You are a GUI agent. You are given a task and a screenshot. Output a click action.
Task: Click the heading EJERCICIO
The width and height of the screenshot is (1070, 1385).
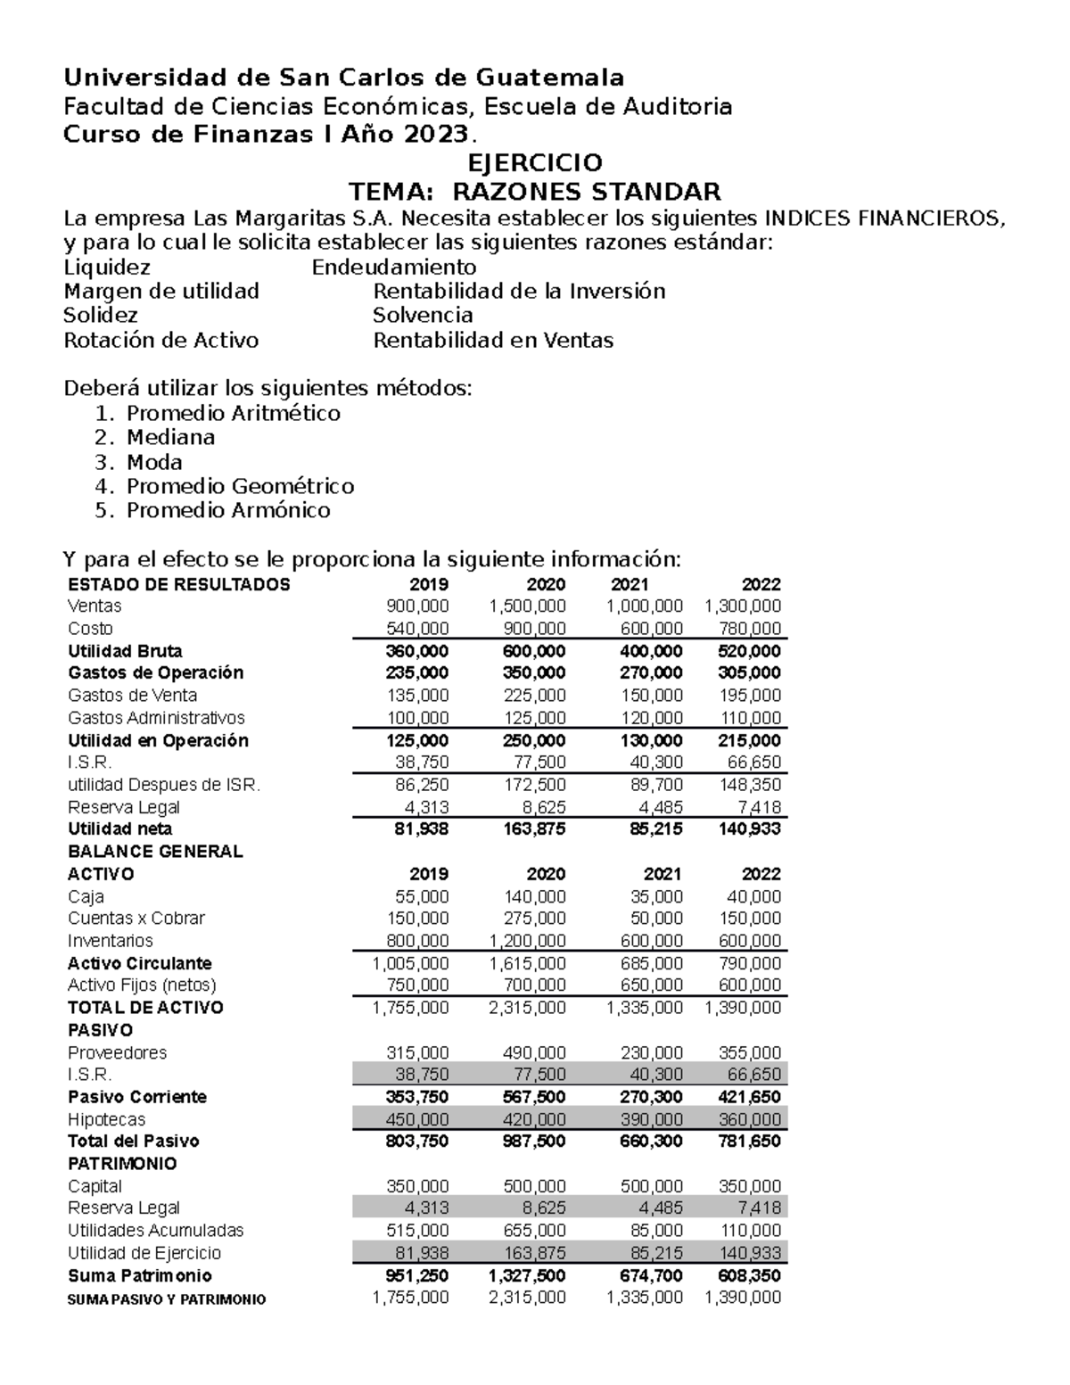tap(535, 163)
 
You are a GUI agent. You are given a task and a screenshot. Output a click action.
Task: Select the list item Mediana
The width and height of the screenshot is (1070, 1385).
tap(170, 437)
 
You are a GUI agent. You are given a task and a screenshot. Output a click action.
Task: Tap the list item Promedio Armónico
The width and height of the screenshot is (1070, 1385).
tap(227, 510)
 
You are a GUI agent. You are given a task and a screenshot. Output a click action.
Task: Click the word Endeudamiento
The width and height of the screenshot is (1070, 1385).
tap(393, 268)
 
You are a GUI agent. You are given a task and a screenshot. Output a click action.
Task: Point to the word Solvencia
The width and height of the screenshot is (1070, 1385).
tap(423, 316)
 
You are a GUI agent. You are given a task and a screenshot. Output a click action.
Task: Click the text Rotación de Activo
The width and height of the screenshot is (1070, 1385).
tap(160, 340)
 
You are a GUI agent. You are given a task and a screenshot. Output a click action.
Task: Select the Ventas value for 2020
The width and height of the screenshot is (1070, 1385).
tap(527, 606)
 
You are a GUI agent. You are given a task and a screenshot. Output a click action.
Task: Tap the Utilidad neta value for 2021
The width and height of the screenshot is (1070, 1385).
tap(652, 829)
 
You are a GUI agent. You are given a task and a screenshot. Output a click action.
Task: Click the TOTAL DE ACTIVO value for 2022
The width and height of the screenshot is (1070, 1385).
tap(742, 1008)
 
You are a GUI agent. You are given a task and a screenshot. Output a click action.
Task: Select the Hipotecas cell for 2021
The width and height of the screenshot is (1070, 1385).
tap(652, 1119)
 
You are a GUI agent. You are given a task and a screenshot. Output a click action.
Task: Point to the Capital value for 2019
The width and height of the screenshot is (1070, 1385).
tap(417, 1186)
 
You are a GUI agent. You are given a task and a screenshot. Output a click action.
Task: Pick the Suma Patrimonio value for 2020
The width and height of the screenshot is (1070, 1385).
tap(527, 1275)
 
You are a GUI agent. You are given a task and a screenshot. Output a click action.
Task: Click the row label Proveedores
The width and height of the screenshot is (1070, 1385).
tap(117, 1052)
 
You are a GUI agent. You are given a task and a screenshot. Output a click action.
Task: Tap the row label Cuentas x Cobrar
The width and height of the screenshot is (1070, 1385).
tap(136, 919)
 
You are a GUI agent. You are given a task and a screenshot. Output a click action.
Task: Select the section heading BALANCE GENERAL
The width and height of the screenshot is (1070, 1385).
tap(155, 852)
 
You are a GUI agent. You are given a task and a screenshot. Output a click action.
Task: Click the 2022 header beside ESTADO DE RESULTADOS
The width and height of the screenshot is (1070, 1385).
tap(761, 585)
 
